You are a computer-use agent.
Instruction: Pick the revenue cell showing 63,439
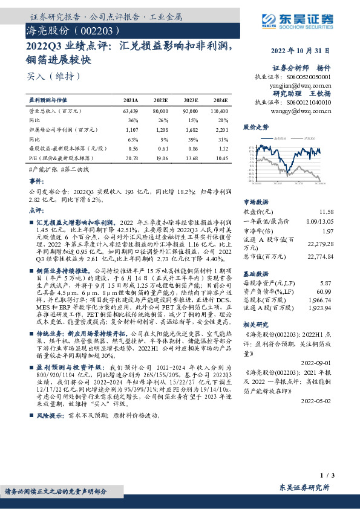[x=130, y=112]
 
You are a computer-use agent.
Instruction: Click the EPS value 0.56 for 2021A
[x=133, y=148]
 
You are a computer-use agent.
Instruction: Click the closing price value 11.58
[x=326, y=212]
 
